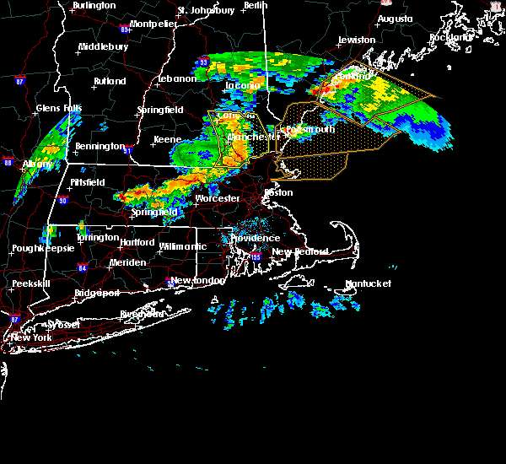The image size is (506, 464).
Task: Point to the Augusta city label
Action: (395, 19)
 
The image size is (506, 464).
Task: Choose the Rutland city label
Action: (110, 81)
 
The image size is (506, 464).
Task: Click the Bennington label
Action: (100, 146)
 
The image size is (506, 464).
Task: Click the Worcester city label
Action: (218, 199)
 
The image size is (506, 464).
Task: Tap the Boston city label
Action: (278, 192)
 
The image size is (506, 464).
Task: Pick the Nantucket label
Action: (369, 283)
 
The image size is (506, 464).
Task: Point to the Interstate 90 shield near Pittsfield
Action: (62, 200)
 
